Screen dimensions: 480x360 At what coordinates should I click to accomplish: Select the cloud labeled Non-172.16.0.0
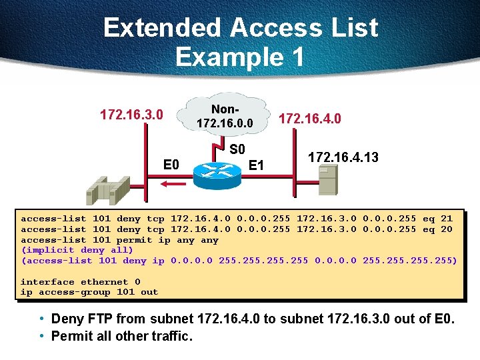click(x=224, y=117)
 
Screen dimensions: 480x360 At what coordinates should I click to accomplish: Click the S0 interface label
click(x=237, y=149)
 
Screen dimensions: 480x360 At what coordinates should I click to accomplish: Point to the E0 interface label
click(x=171, y=164)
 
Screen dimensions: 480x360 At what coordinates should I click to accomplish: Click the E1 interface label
click(x=256, y=165)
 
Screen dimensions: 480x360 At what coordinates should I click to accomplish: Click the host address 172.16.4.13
click(x=343, y=157)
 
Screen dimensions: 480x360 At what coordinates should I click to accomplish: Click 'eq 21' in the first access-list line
click(x=437, y=219)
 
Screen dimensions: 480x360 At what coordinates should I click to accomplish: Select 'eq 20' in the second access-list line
click(x=437, y=229)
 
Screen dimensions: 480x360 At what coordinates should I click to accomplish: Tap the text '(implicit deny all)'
click(x=77, y=250)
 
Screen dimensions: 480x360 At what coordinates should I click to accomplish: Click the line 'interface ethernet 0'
click(x=80, y=281)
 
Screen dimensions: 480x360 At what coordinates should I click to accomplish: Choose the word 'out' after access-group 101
click(x=149, y=291)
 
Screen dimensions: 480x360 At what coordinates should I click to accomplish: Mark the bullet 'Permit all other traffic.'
click(x=122, y=336)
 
